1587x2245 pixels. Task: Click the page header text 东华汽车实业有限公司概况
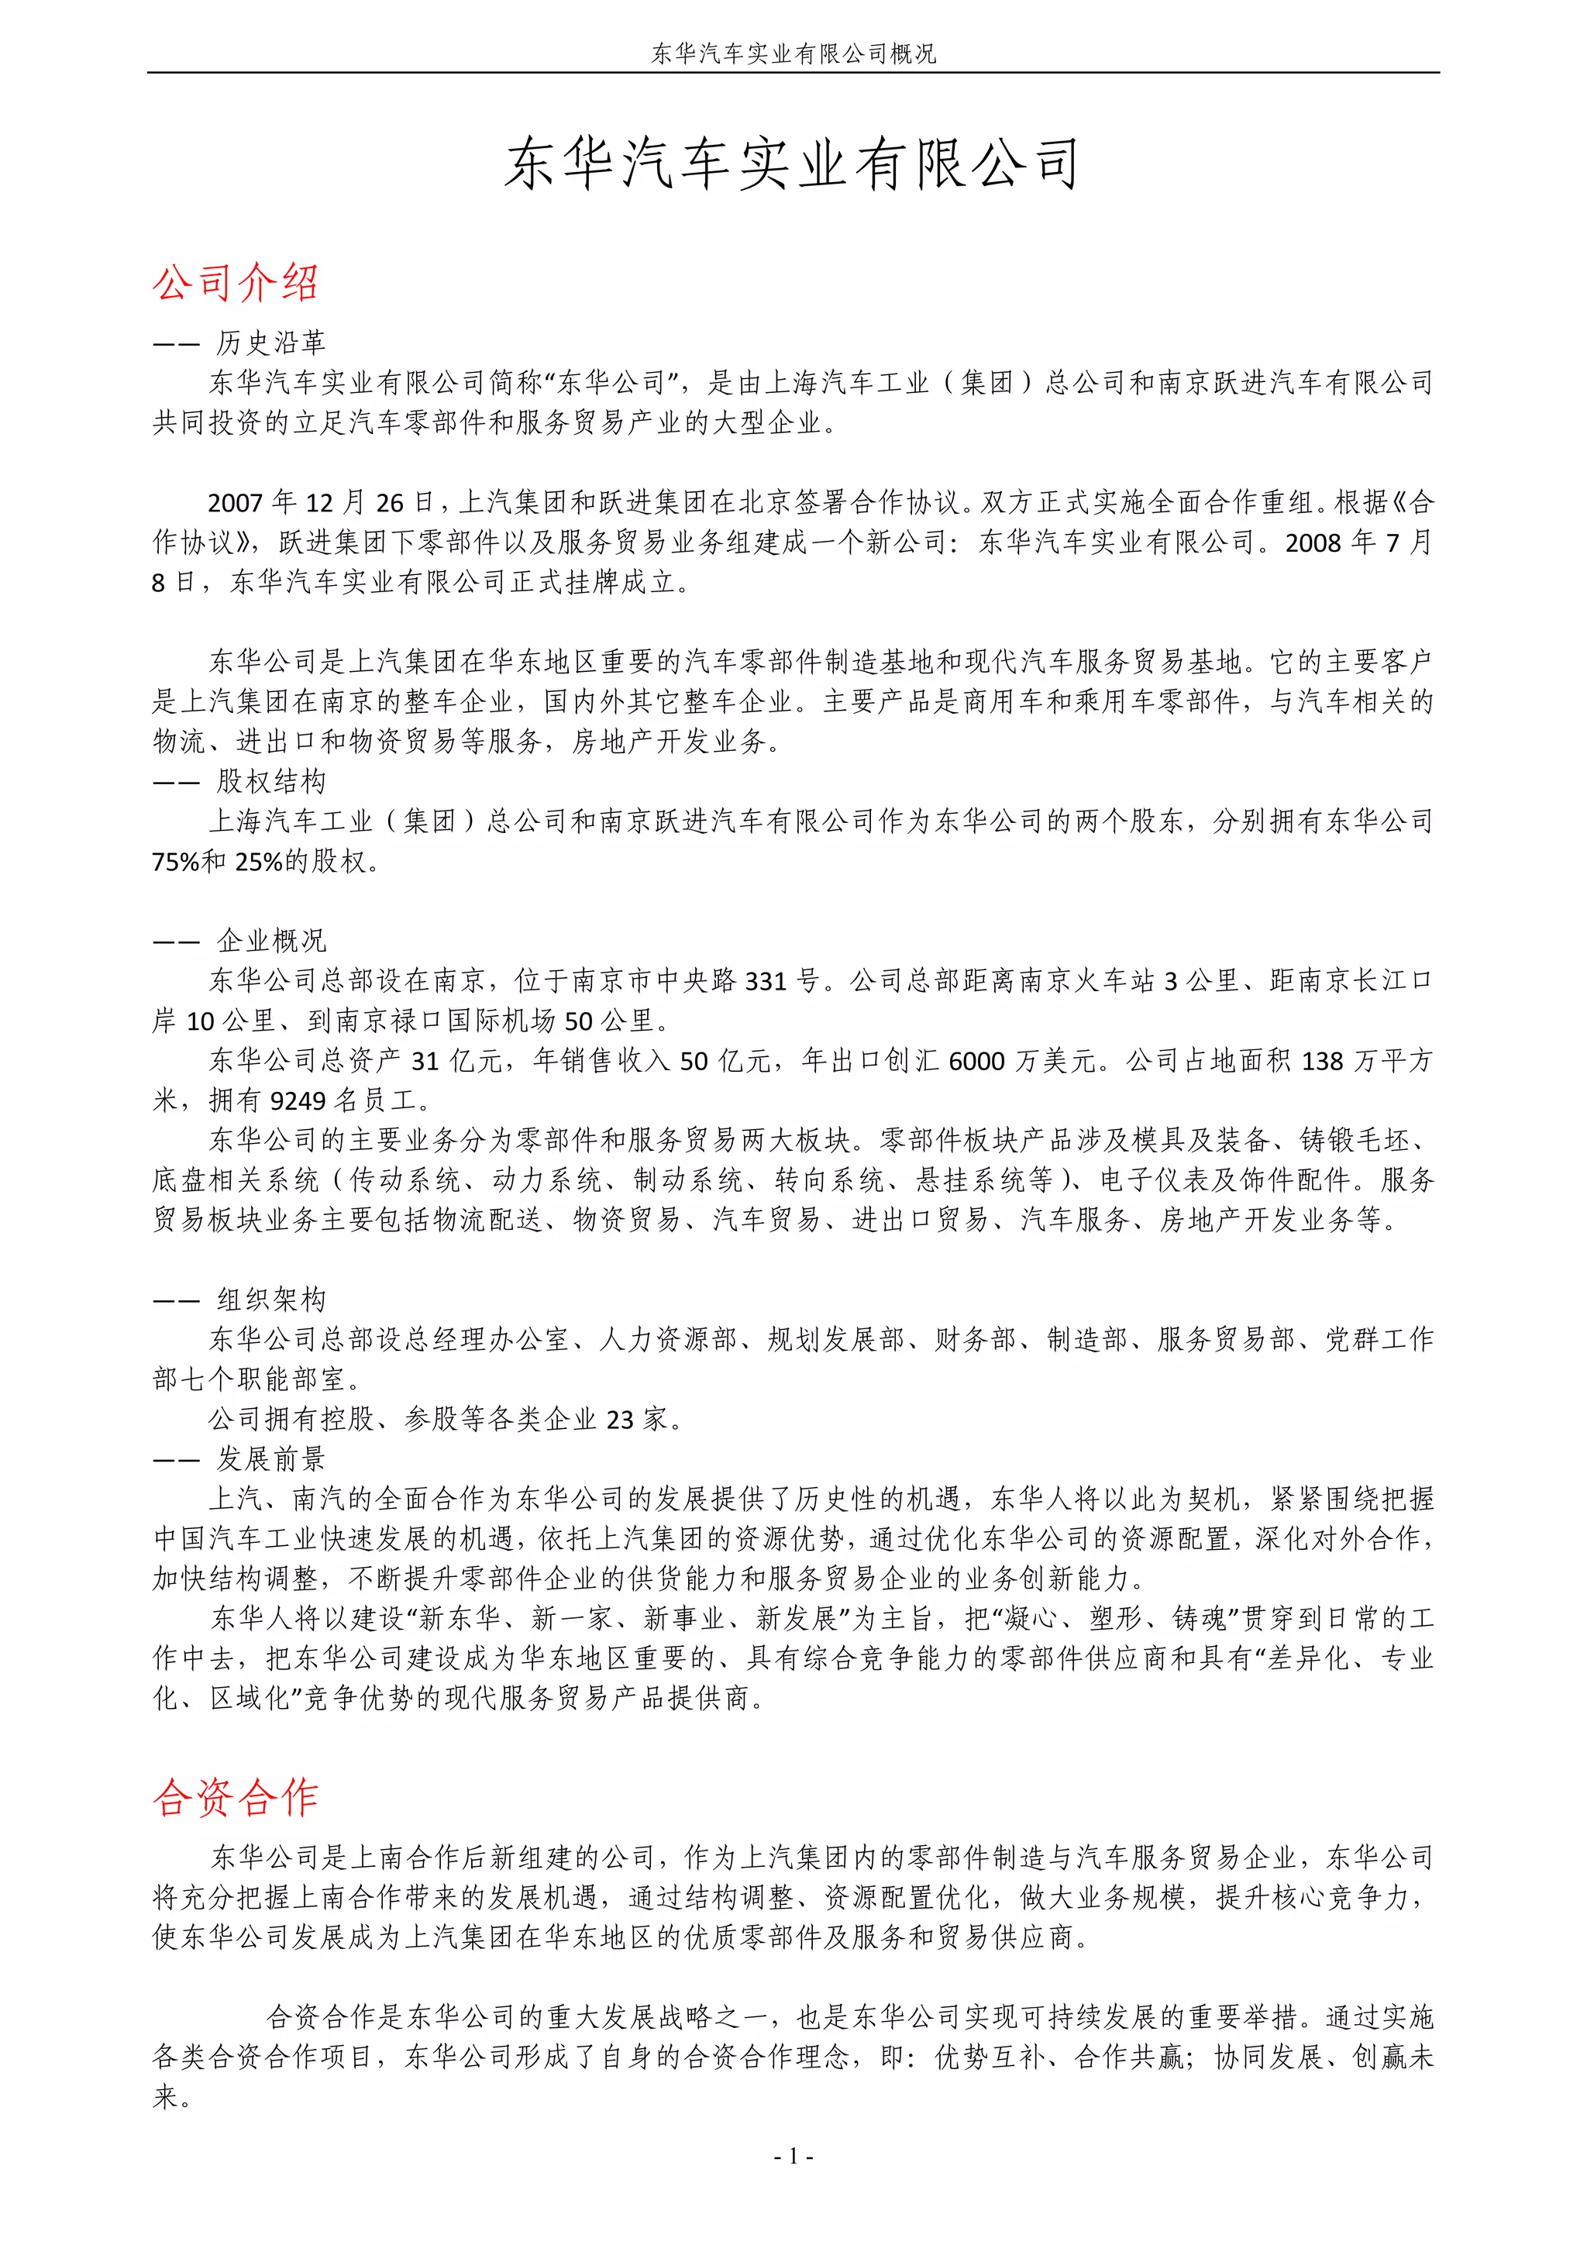coord(793,53)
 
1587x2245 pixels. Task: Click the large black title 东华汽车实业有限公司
coord(792,164)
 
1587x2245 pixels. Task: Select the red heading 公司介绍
coord(236,283)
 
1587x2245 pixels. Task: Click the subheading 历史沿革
coord(271,343)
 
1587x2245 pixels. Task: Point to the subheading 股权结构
coord(271,781)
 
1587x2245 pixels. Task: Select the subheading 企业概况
coord(271,941)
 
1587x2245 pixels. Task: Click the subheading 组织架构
coord(271,1300)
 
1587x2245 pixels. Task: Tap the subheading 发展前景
coord(271,1459)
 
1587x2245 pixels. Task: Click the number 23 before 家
coord(620,1420)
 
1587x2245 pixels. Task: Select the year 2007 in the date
coord(236,503)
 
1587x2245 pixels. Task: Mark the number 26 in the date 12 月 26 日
coord(389,503)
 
